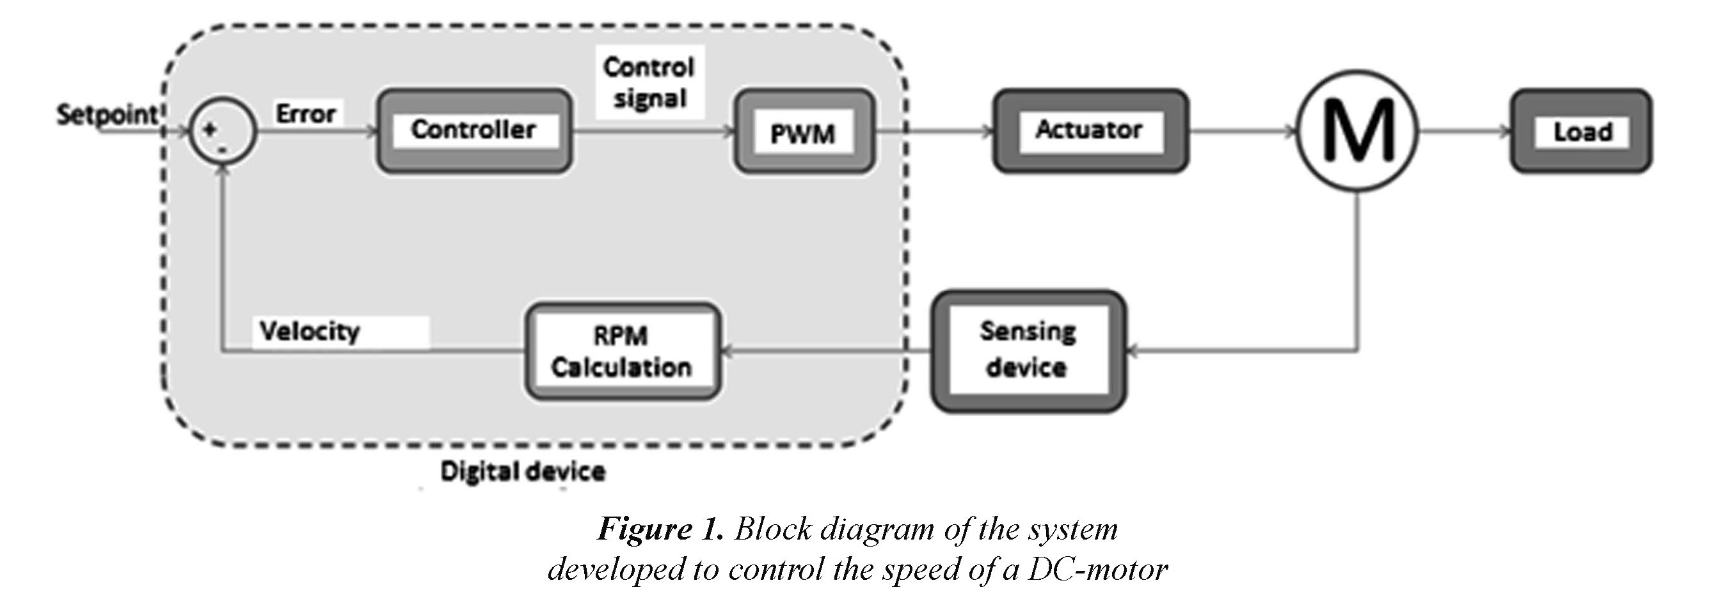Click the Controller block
[473, 130]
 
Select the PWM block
[804, 132]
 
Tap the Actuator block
[1090, 130]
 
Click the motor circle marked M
[1358, 131]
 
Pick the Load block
[1581, 131]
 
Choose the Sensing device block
[1028, 350]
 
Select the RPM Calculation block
[622, 352]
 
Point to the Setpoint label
[107, 114]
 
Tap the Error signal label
[305, 114]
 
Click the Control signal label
[649, 82]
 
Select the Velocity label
[310, 331]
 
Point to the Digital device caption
[523, 472]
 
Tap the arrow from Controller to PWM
[653, 131]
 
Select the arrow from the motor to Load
[1464, 131]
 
